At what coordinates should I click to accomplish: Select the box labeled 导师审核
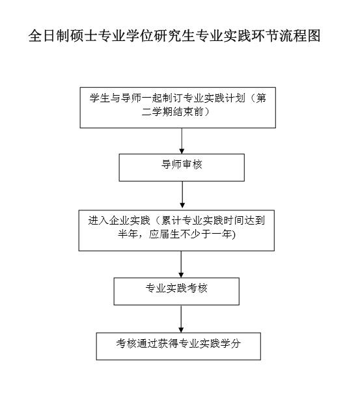[182, 167]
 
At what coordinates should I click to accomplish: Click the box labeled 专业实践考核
[176, 291]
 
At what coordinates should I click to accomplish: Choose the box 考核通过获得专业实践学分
[178, 346]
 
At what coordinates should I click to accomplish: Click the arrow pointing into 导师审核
[182, 141]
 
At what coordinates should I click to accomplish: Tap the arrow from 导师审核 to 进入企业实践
[182, 195]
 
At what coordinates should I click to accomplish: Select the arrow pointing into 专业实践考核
[181, 264]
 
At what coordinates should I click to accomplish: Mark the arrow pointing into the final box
[181, 319]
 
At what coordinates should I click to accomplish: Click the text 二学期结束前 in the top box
[173, 112]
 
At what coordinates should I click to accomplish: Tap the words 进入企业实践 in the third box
[119, 221]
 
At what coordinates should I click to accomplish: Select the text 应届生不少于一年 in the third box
[190, 234]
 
